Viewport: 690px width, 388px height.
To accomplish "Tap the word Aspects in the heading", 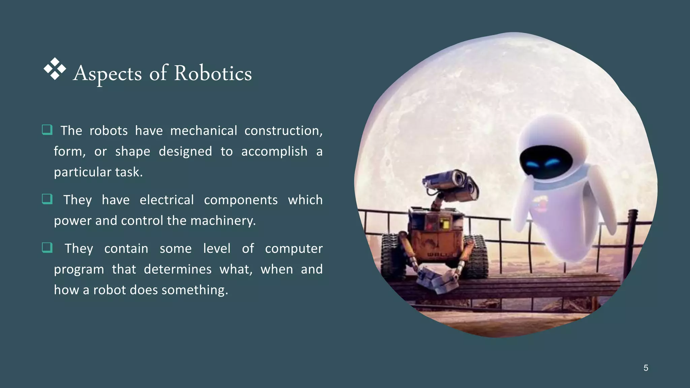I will (107, 73).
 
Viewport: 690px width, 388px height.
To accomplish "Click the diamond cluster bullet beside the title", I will (55, 69).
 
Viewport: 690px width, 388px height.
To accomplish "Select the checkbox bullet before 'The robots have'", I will (47, 130).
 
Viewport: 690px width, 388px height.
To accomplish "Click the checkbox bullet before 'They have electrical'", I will (47, 199).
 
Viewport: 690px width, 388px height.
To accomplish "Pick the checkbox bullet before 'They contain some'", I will (47, 248).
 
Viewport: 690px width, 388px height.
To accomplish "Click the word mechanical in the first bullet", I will (203, 131).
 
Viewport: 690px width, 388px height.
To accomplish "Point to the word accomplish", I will (274, 152).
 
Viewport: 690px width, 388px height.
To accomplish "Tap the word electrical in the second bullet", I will (167, 200).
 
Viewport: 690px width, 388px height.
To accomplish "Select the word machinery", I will (223, 221).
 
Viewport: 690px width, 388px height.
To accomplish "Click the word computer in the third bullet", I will (294, 249).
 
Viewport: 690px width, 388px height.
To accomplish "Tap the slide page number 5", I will (646, 368).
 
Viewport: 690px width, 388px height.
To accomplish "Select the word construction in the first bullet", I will (283, 131).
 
